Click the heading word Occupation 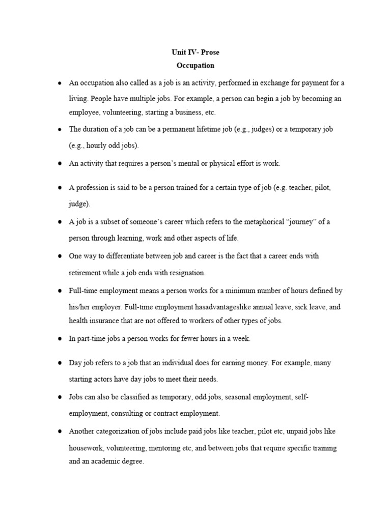[195, 66]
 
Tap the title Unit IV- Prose [195, 52]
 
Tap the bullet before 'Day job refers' [60, 363]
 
